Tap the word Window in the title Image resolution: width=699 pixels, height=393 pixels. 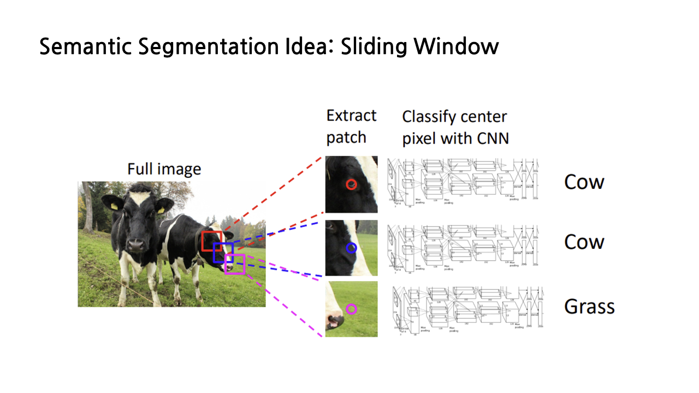456,47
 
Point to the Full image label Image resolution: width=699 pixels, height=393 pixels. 164,169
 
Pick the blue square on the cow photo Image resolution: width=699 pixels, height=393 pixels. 223,253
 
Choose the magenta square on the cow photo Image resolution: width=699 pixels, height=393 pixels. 235,264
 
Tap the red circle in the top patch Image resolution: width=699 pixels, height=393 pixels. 351,184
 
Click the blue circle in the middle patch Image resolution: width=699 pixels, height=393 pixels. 351,248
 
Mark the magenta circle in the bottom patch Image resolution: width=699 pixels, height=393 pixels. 351,309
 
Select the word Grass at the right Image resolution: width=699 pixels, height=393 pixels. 589,306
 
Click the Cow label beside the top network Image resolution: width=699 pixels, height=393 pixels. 584,182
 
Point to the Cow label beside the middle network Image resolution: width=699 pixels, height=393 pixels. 584,242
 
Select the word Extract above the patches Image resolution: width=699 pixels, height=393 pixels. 351,116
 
